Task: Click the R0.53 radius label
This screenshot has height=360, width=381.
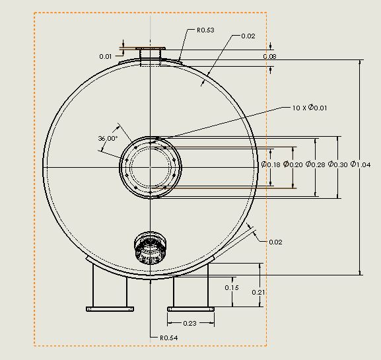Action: point(206,30)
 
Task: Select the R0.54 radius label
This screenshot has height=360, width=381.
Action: point(169,338)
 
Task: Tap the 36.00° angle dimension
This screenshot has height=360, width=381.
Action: point(107,139)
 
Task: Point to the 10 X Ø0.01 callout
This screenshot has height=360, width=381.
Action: point(309,107)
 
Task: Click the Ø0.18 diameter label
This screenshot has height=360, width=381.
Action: point(271,164)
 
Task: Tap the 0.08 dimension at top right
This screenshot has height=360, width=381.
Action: point(269,57)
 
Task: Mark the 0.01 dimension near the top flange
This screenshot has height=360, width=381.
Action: point(106,57)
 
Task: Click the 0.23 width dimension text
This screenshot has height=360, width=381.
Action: point(190,323)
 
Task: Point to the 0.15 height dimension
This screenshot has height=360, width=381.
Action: point(232,288)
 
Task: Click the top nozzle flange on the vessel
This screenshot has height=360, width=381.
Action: point(151,50)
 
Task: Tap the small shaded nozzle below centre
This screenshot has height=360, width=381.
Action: point(151,248)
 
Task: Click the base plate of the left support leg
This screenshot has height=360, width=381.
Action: point(110,308)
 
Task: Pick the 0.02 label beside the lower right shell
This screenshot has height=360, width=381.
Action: point(275,242)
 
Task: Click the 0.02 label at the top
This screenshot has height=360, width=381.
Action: point(248,36)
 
